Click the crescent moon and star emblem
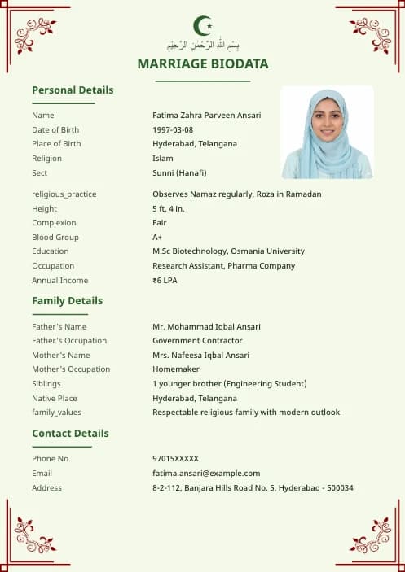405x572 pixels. (x=202, y=25)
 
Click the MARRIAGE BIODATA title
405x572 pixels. (x=203, y=63)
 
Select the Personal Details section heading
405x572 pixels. (x=73, y=90)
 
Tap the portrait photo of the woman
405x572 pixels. (x=327, y=133)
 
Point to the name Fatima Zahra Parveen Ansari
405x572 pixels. (x=207, y=116)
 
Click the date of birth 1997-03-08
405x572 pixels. (x=173, y=130)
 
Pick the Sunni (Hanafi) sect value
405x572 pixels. (x=179, y=173)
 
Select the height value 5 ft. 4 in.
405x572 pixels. (x=169, y=209)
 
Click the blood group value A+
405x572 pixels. (x=157, y=238)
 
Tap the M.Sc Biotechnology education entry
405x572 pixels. (x=228, y=251)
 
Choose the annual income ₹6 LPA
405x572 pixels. (x=165, y=281)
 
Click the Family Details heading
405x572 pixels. (x=67, y=301)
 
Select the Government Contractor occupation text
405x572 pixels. (x=197, y=341)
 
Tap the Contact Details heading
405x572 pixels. (x=70, y=434)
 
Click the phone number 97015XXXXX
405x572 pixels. (x=175, y=459)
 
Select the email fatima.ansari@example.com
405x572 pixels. (x=206, y=474)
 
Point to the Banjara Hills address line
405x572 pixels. (x=253, y=488)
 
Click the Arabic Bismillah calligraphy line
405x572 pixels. (x=203, y=45)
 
